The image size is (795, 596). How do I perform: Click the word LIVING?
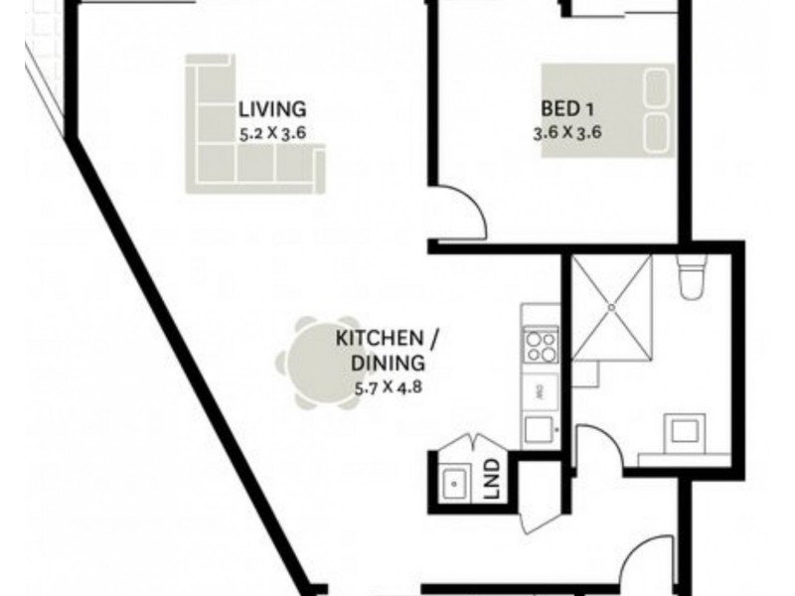pyautogui.click(x=271, y=109)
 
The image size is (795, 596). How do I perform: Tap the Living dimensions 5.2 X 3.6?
pyautogui.click(x=271, y=130)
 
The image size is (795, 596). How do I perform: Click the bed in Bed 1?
pyautogui.click(x=606, y=109)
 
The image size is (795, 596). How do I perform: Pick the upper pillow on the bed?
pyautogui.click(x=655, y=88)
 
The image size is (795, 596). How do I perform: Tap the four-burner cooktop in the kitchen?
pyautogui.click(x=541, y=347)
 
